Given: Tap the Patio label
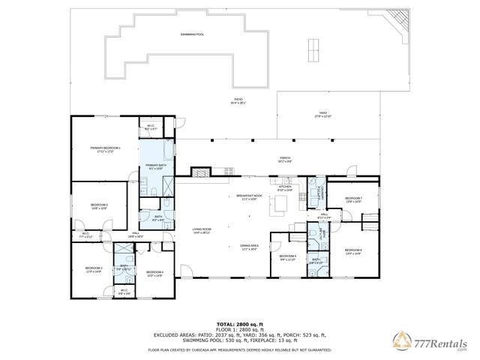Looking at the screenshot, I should tap(238, 100).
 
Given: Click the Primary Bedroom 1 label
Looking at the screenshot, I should tap(106, 150).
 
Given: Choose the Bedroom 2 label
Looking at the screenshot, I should tap(100, 206).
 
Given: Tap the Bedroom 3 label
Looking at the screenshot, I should tap(93, 269).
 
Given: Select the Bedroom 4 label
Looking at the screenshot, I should tap(154, 274).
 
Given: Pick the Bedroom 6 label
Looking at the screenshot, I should tap(353, 252).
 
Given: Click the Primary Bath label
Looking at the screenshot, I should tap(157, 166).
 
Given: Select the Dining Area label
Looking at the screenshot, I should tap(249, 247).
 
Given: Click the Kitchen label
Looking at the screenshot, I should tap(285, 188).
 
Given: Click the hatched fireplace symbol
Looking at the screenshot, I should tap(199, 172).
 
